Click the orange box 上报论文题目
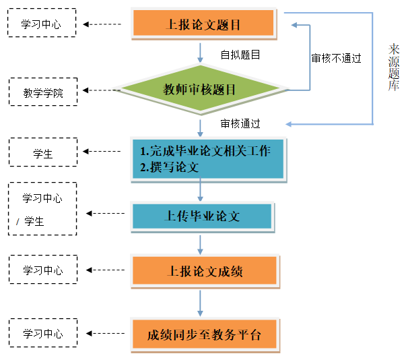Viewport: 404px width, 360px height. (x=203, y=24)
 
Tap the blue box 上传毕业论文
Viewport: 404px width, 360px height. (x=202, y=216)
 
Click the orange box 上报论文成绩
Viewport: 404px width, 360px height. (x=204, y=271)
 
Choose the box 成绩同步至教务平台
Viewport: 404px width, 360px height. (x=204, y=334)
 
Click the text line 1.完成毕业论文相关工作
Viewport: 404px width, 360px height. (x=205, y=151)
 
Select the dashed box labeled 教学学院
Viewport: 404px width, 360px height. (x=42, y=92)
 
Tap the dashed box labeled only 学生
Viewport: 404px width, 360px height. (x=42, y=153)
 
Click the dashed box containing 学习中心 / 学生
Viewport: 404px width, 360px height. (x=42, y=209)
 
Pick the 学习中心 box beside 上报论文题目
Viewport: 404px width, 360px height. (x=42, y=24)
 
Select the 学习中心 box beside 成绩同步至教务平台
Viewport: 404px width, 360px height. (x=42, y=334)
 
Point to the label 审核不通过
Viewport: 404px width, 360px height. (x=336, y=59)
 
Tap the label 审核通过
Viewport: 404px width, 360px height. (x=240, y=123)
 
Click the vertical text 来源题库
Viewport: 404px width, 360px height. (x=394, y=67)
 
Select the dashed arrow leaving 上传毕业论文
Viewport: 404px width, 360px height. (x=107, y=214)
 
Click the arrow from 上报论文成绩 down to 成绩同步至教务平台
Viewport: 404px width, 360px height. (x=200, y=302)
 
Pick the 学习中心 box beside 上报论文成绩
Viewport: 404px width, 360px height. (x=42, y=270)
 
